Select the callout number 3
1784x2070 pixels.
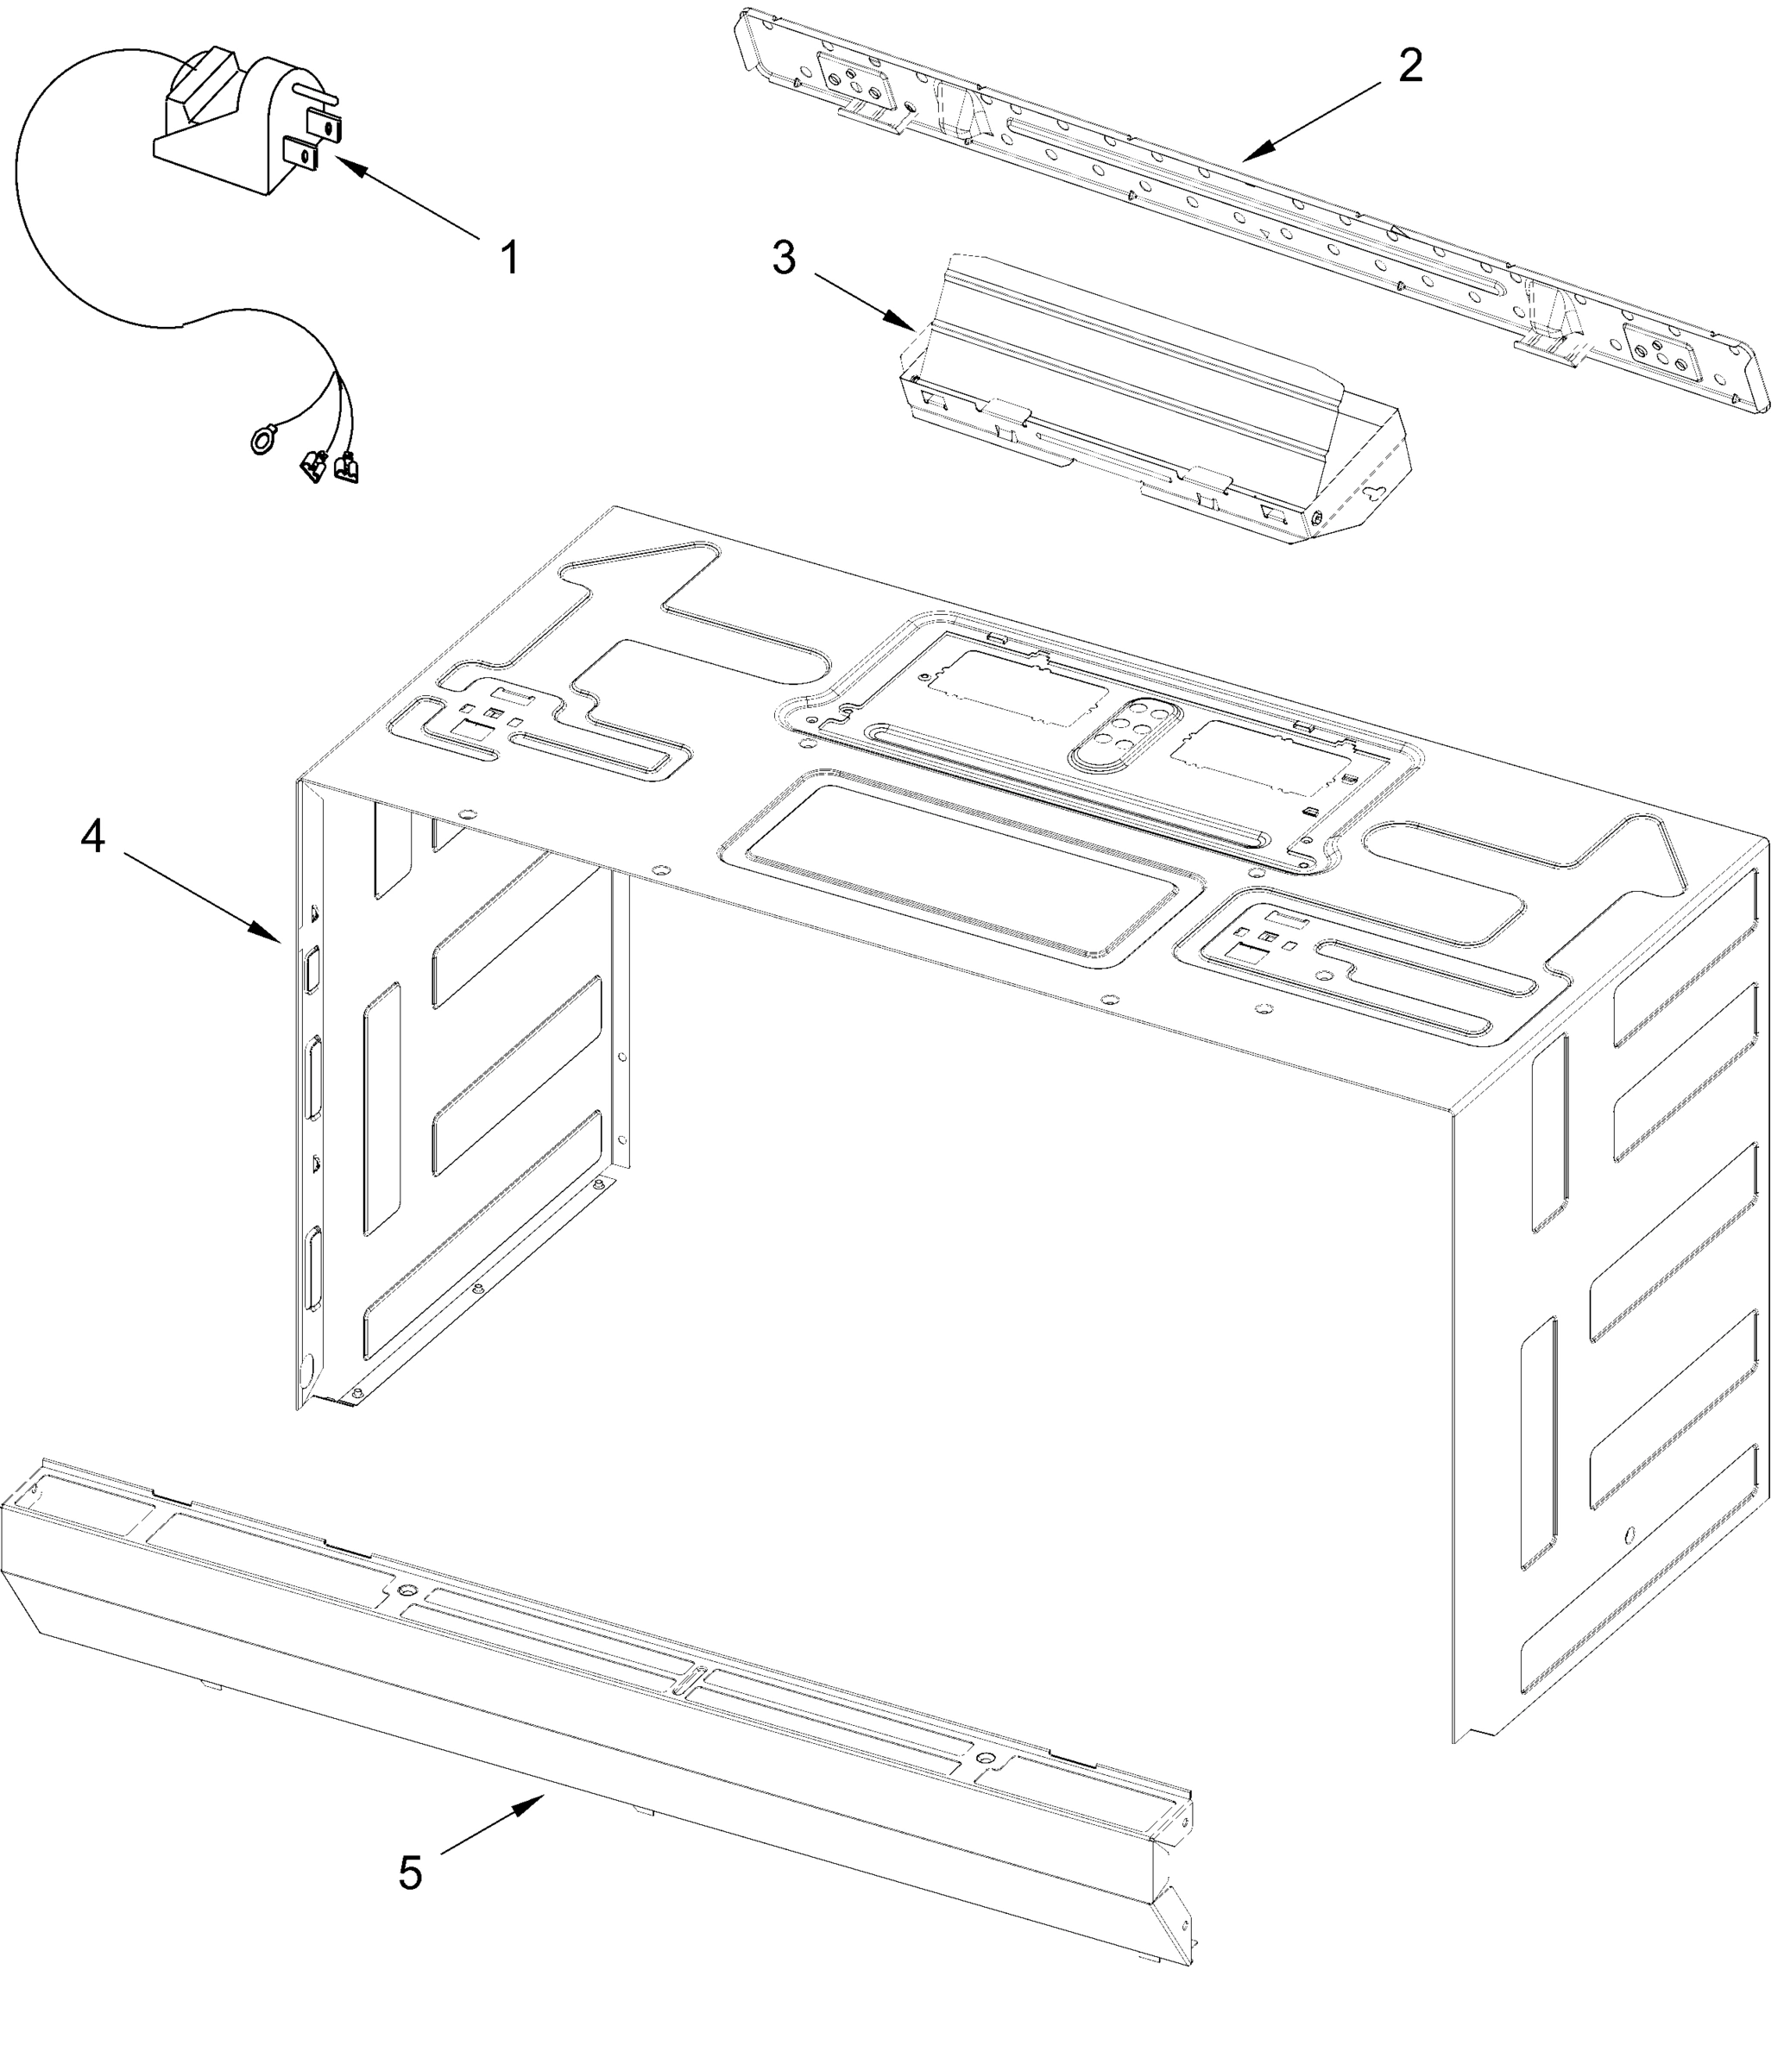click(x=785, y=259)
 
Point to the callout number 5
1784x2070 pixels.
click(x=410, y=1872)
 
